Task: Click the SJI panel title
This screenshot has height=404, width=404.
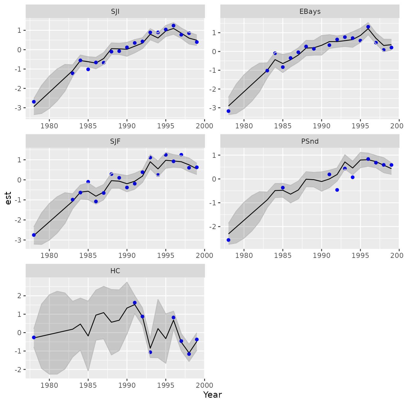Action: click(115, 11)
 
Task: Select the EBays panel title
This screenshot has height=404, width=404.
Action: click(310, 11)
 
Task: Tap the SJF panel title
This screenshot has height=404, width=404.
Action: click(115, 141)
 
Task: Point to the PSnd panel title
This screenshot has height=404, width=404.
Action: click(310, 141)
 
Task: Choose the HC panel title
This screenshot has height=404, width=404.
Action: click(115, 271)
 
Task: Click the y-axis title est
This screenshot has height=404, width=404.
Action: click(8, 198)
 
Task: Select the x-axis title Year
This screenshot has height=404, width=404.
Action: click(212, 395)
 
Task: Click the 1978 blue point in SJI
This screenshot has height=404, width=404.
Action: click(34, 102)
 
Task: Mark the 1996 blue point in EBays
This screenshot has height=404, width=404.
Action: click(368, 27)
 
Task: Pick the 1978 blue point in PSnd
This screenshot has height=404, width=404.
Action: click(228, 240)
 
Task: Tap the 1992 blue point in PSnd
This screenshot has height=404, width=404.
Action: click(337, 190)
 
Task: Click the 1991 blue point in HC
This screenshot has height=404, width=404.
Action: click(135, 303)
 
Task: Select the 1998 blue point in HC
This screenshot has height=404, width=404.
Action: click(189, 354)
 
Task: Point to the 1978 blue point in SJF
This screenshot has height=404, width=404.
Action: click(34, 235)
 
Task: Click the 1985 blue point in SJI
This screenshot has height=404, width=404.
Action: click(88, 69)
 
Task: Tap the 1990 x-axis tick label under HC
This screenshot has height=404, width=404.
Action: click(127, 385)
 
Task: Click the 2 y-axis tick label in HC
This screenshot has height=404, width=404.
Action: click(19, 296)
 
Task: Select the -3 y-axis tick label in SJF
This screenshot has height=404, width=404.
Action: click(18, 240)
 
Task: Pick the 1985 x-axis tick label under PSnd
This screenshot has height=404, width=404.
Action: click(283, 256)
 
